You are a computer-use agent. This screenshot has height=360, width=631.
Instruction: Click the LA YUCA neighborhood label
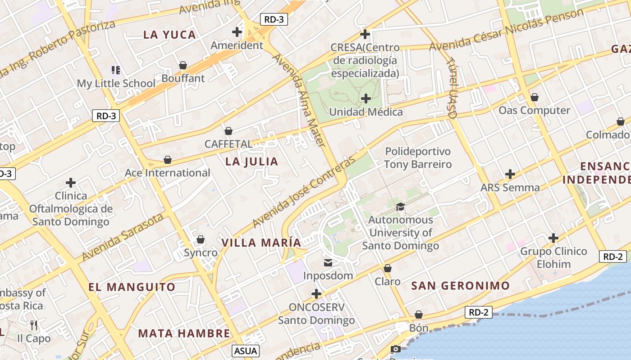169,35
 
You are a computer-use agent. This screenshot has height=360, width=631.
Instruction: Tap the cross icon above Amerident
237,32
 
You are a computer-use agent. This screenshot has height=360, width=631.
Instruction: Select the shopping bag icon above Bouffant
183,66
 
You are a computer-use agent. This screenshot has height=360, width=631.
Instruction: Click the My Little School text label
116,83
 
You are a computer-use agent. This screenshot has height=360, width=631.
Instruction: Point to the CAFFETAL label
229,144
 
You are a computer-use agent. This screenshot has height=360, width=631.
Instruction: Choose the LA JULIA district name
251,162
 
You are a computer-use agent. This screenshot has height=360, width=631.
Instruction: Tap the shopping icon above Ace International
168,160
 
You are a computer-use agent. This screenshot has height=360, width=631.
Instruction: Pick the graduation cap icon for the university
400,207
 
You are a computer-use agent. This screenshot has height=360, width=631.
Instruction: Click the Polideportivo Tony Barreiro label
418,157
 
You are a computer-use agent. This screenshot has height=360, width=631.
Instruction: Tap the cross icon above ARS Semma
510,174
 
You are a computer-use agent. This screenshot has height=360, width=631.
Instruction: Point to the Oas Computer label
534,110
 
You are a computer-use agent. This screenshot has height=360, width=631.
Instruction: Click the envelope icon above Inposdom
328,263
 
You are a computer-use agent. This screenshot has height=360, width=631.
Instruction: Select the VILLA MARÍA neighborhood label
261,243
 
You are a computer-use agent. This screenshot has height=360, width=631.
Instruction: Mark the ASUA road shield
246,351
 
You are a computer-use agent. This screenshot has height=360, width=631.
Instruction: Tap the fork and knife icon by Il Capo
33,325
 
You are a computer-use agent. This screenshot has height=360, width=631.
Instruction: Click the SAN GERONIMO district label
460,285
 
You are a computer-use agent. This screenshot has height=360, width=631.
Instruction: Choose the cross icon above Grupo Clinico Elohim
553,238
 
